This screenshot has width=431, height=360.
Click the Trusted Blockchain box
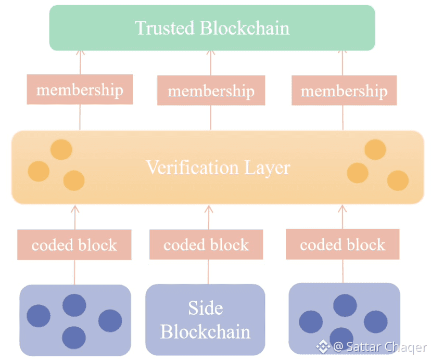(212, 28)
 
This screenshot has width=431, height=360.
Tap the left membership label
(80, 89)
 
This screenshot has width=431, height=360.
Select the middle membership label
(211, 91)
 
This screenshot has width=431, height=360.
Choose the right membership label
(344, 91)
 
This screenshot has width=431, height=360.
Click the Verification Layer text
(218, 168)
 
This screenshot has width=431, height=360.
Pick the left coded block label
(74, 245)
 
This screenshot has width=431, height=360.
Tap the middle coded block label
(206, 245)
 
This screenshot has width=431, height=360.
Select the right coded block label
(343, 244)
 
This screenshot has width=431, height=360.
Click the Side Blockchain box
(205, 319)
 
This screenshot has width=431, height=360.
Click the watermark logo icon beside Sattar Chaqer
(325, 346)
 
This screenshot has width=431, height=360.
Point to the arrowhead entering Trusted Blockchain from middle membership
(211, 53)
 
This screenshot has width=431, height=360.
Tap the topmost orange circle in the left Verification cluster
(61, 150)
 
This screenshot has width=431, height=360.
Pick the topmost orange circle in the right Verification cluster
(375, 150)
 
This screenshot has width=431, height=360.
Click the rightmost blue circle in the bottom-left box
(110, 321)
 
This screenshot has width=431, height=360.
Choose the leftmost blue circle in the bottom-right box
(311, 322)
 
